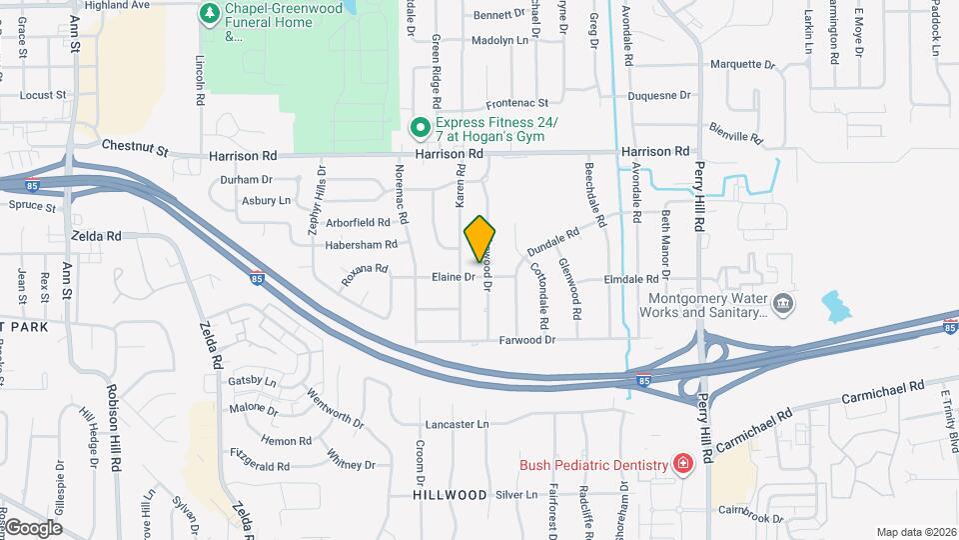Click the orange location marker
coord(480,238)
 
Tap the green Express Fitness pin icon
coord(421,126)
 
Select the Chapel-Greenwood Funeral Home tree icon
coord(209,13)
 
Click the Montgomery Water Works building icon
coord(784,303)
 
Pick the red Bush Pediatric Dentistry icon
coord(682,464)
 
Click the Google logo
coord(33,527)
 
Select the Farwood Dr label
coord(527,340)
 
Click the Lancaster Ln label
coord(457,424)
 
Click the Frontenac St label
coord(516,103)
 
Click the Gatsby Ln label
coord(252,381)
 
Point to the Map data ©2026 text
coord(914,532)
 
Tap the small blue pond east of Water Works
coord(833,307)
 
